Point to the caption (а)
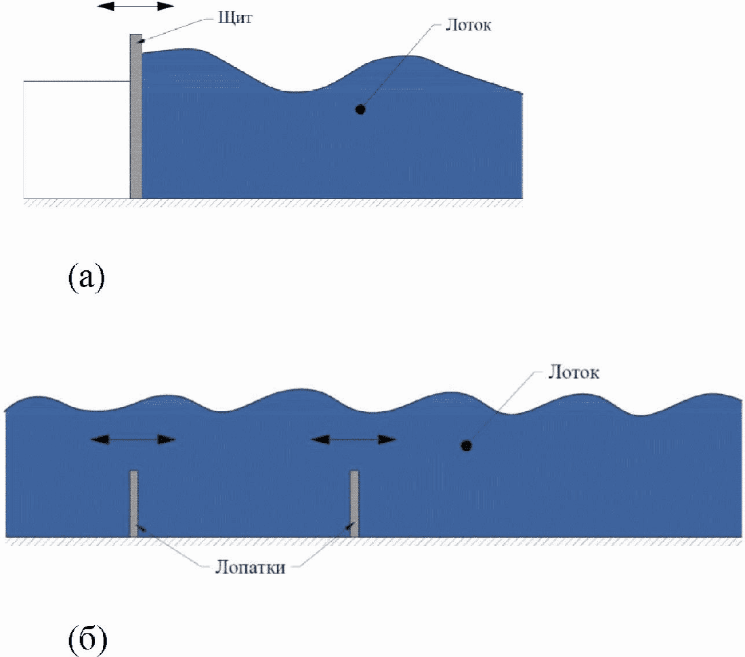[x=86, y=278]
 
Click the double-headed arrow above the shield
[x=136, y=6]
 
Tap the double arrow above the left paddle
[x=133, y=440]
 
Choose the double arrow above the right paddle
[x=354, y=439]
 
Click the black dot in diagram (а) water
[x=360, y=108]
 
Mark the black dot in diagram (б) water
[x=465, y=445]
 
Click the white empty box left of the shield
[x=77, y=140]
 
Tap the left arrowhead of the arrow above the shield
[x=104, y=6]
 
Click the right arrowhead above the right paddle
[x=389, y=439]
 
